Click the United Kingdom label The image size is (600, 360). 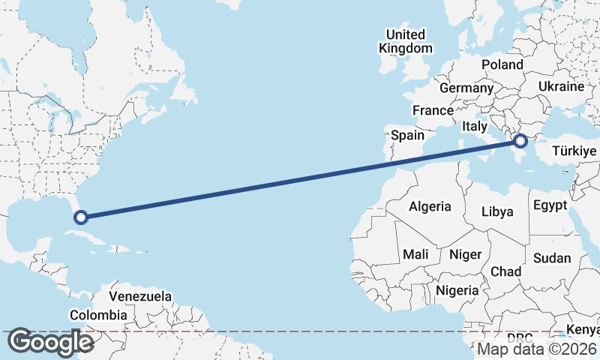tap(406, 41)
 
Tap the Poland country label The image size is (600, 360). tap(502, 64)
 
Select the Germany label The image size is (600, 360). tap(466, 88)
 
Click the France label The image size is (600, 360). tap(433, 110)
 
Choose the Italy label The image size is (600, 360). tap(475, 126)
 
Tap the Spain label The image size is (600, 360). tap(408, 136)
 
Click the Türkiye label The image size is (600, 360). tap(574, 151)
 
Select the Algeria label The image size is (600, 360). tap(430, 206)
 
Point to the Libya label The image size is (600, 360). tap(497, 211)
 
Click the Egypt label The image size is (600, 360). tap(550, 205)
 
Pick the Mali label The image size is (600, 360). tap(415, 254)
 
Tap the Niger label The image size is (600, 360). tap(465, 254)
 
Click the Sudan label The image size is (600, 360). tap(552, 258)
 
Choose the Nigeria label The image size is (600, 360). tap(457, 290)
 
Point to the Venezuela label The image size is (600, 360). tap(140, 296)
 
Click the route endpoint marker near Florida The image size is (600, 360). tap(81, 218)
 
